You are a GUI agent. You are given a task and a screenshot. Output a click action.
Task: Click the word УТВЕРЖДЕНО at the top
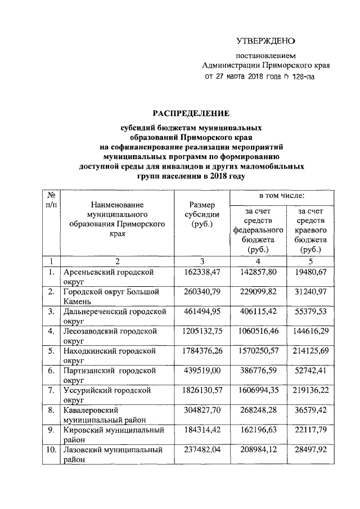click(x=265, y=40)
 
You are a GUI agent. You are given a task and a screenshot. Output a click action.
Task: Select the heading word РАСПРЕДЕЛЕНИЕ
click(x=191, y=114)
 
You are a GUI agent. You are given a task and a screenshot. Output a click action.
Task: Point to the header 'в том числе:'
click(x=282, y=196)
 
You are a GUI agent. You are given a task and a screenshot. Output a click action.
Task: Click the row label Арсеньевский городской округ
click(x=116, y=277)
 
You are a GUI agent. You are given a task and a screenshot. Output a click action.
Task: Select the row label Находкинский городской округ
click(x=116, y=355)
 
